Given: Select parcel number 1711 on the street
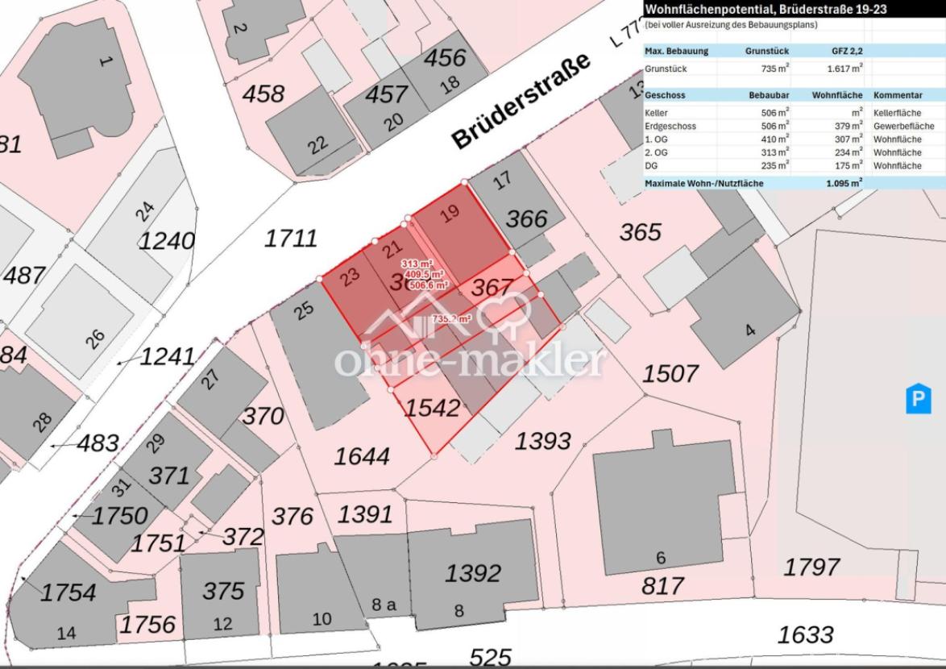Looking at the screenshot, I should pyautogui.click(x=291, y=238).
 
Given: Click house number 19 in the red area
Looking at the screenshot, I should pyautogui.click(x=450, y=214).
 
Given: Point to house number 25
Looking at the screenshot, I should pyautogui.click(x=303, y=310).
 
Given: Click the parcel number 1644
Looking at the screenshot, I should pyautogui.click(x=363, y=456).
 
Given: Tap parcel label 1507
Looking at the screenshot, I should pyautogui.click(x=670, y=373).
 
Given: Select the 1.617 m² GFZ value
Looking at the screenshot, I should pyautogui.click(x=844, y=69).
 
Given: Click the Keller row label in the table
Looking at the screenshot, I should pyautogui.click(x=657, y=113).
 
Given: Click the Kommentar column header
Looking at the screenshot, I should pyautogui.click(x=898, y=95).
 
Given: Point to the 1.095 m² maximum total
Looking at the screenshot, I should pyautogui.click(x=844, y=184).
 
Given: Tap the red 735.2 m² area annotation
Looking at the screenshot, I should pyautogui.click(x=451, y=319).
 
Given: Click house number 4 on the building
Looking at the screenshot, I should pyautogui.click(x=750, y=330).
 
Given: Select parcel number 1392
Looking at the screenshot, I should pyautogui.click(x=473, y=573).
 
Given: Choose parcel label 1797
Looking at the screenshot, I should pyautogui.click(x=811, y=567).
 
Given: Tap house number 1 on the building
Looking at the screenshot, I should pyautogui.click(x=102, y=60).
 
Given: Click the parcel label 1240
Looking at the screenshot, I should pyautogui.click(x=167, y=240).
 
